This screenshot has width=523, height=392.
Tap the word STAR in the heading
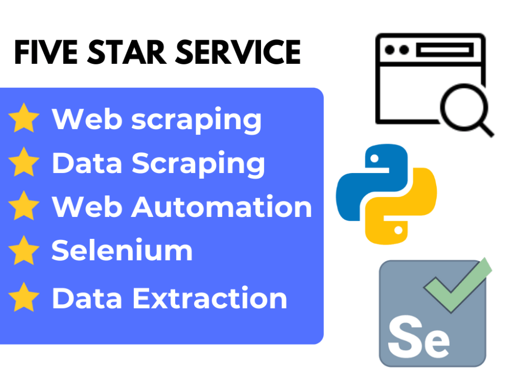point(127,52)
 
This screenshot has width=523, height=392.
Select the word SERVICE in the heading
point(238,52)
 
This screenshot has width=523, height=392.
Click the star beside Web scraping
point(24,118)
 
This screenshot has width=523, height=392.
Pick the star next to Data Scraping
point(24,162)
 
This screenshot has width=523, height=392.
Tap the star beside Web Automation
point(24,205)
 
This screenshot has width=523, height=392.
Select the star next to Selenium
point(24,250)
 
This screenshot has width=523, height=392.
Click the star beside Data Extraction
point(24,297)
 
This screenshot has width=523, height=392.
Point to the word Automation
point(221,207)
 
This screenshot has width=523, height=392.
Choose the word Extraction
point(210,298)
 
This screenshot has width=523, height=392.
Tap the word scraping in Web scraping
point(197,121)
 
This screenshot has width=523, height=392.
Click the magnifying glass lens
point(464,107)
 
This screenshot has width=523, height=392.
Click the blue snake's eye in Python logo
point(374,158)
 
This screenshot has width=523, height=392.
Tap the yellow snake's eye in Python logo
point(398,230)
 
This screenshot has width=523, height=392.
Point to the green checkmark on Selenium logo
point(457,285)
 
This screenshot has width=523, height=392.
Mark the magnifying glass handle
point(486,130)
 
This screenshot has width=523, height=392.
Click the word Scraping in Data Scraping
point(198,164)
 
